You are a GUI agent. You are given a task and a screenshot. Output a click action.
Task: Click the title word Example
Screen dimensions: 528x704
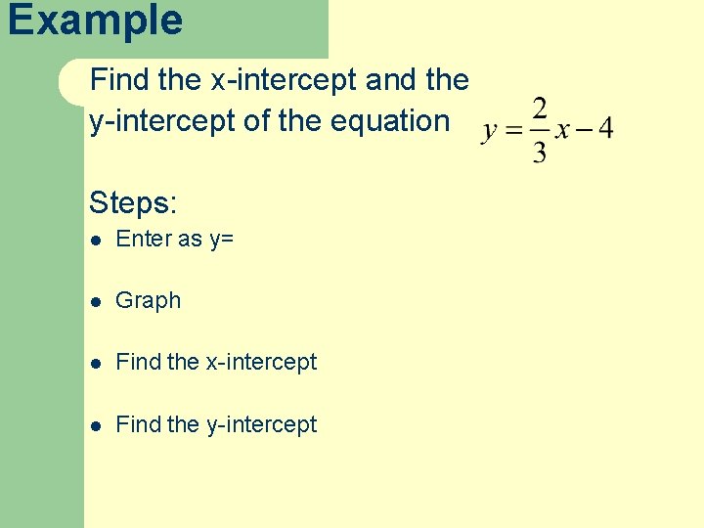click(95, 21)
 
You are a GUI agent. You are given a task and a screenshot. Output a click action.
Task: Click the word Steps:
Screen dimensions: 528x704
click(133, 203)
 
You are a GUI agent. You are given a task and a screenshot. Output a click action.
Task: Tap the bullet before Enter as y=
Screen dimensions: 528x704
click(94, 240)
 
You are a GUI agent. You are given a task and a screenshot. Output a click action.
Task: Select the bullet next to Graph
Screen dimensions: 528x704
click(94, 301)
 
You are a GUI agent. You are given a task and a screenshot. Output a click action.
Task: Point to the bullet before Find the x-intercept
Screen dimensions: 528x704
click(94, 363)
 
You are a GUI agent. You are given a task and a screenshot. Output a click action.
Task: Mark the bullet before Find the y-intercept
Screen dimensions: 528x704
click(94, 425)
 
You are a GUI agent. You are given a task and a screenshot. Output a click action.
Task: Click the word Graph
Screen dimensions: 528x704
click(149, 301)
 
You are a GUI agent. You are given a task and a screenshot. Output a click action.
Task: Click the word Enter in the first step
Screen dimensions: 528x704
click(143, 239)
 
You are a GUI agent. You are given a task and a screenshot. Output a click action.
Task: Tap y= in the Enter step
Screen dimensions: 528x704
click(221, 240)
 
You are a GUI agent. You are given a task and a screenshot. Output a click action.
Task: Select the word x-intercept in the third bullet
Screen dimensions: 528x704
click(261, 362)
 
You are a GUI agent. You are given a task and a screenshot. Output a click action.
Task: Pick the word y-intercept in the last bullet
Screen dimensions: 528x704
click(261, 424)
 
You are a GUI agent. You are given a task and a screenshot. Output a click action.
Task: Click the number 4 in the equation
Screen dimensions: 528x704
click(605, 129)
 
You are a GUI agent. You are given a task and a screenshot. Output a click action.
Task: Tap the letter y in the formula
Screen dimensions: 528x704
click(490, 132)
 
